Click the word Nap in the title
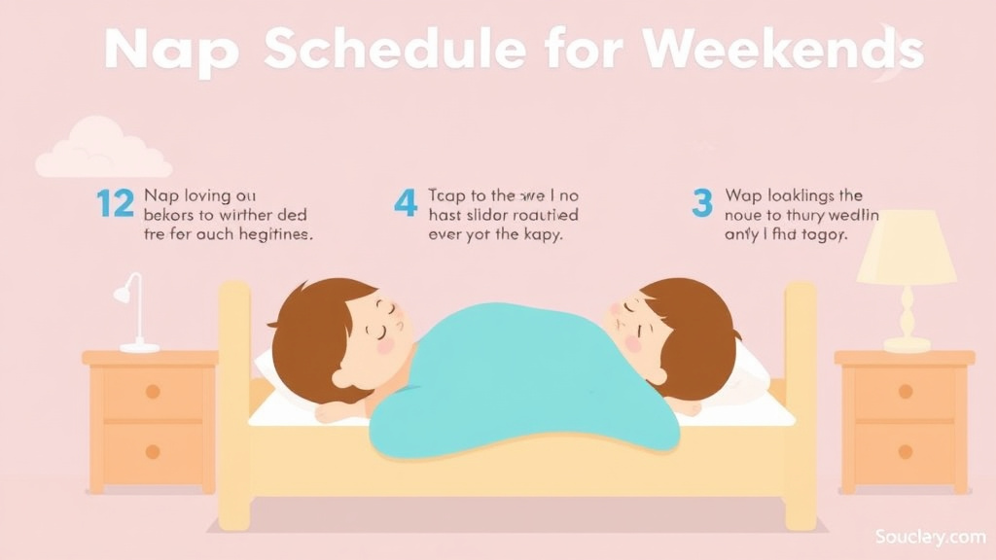(x=171, y=49)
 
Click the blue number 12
(x=115, y=204)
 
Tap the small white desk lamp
(x=132, y=311)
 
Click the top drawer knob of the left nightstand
(x=153, y=391)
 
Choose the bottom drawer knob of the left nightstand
(x=153, y=451)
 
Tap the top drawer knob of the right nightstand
(x=906, y=391)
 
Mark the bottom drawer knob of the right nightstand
(x=906, y=451)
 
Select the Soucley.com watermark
(x=930, y=536)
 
